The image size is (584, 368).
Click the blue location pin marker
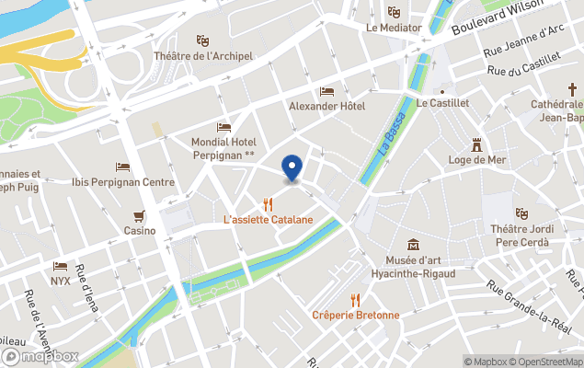pos(292,168)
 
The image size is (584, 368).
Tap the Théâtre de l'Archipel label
pos(203,57)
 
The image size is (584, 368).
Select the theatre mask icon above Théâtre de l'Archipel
pos(203,40)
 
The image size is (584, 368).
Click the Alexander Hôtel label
pos(326,107)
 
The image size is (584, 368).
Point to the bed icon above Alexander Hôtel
pos(326,91)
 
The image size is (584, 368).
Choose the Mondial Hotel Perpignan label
pos(223,148)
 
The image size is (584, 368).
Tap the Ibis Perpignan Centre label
pos(122,182)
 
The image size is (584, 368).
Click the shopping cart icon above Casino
pos(140,216)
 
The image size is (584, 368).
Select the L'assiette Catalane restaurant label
pos(269,220)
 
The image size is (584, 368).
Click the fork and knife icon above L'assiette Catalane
pos(269,204)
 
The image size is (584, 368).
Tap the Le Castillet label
pos(442,104)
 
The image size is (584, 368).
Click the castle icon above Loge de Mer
pos(476,144)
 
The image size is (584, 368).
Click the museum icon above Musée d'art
pos(414,245)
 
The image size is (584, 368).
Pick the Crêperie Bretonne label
pos(356,315)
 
